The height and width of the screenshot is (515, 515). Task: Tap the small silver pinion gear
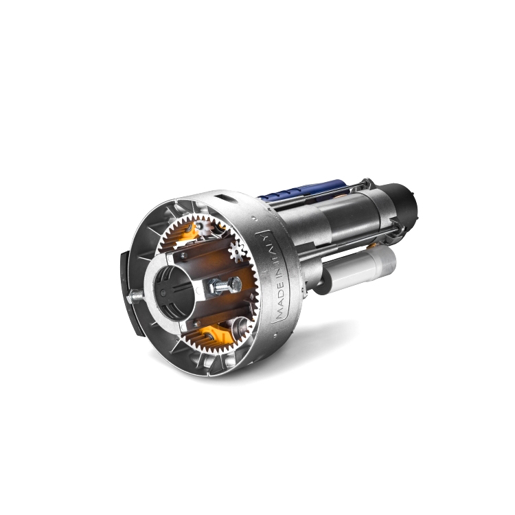(x=237, y=251)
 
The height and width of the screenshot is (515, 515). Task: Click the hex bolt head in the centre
(x=235, y=284)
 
